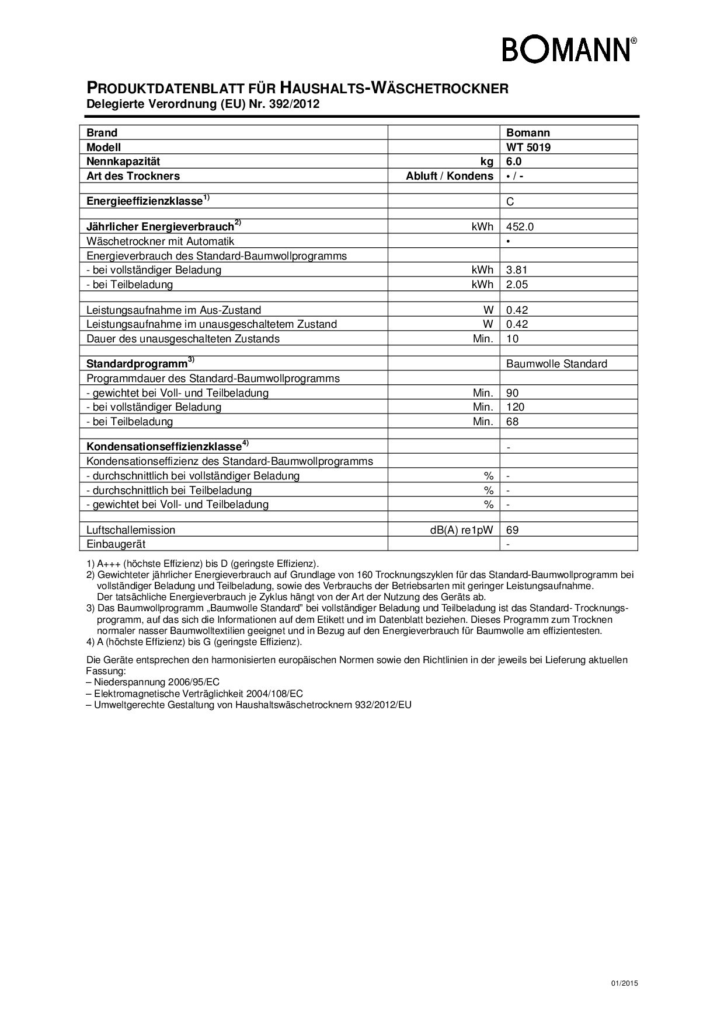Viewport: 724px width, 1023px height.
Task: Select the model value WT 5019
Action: (x=528, y=148)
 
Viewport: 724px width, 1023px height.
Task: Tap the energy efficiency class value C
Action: (x=510, y=202)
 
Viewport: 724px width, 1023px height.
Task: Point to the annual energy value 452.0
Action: (x=520, y=227)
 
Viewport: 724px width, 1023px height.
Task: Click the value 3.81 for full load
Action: (x=517, y=270)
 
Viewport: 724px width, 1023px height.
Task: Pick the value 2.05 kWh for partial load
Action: (x=517, y=285)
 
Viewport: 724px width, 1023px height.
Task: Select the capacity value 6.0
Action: (x=514, y=162)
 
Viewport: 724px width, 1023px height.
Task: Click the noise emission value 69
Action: (x=513, y=530)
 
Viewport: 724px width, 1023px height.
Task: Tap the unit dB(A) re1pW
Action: (x=461, y=530)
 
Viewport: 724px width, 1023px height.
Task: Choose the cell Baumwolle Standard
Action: (x=556, y=364)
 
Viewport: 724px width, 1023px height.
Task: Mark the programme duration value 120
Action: (x=516, y=407)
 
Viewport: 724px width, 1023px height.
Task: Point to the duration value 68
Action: (x=513, y=422)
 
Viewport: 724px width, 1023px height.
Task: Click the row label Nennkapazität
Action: (x=123, y=162)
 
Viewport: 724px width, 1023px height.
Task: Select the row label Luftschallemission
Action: (x=131, y=530)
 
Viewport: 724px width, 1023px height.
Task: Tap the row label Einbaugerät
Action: (x=116, y=544)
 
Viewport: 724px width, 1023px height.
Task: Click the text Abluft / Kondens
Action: (x=450, y=176)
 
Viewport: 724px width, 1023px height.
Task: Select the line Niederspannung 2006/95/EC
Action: (x=153, y=682)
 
